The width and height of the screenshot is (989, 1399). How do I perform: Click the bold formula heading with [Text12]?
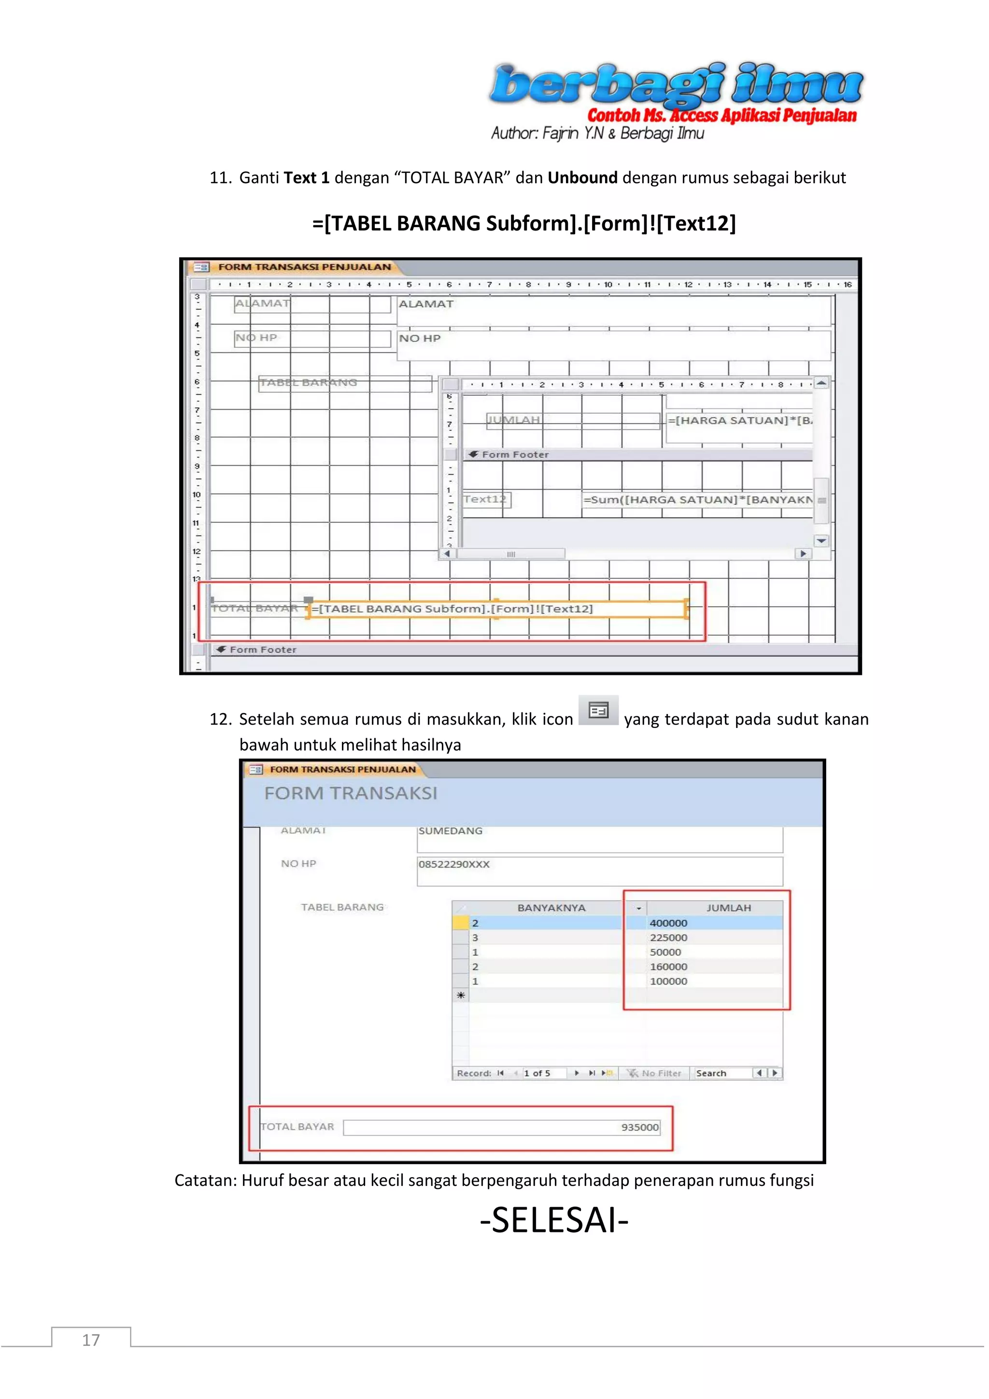524,224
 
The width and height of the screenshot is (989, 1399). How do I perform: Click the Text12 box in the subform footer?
485,500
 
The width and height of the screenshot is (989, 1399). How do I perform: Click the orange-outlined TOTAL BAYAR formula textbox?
496,609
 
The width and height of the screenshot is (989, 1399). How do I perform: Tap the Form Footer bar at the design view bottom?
263,650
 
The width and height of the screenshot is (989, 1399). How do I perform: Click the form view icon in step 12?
598,711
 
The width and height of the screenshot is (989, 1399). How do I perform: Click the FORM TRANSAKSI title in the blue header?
351,793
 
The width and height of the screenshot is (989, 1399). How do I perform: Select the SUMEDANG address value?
451,831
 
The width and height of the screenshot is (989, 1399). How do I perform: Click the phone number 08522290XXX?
454,865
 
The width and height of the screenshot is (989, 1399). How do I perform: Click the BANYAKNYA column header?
551,908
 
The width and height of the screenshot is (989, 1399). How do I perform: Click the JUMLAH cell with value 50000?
665,952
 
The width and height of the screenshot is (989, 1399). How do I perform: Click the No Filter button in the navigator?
655,1073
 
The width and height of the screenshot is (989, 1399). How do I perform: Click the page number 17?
91,1340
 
